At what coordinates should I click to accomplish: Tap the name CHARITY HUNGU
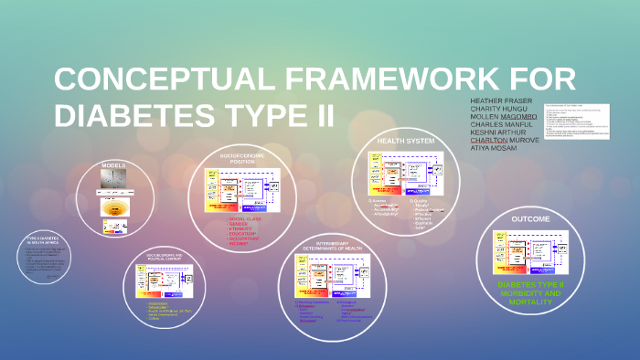(499, 109)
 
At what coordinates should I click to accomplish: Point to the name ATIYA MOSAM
(494, 148)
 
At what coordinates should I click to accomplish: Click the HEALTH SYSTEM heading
(406, 141)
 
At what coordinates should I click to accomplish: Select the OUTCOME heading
(530, 219)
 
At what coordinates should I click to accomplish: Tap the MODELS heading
(113, 165)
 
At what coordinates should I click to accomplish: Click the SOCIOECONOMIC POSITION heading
(241, 159)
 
